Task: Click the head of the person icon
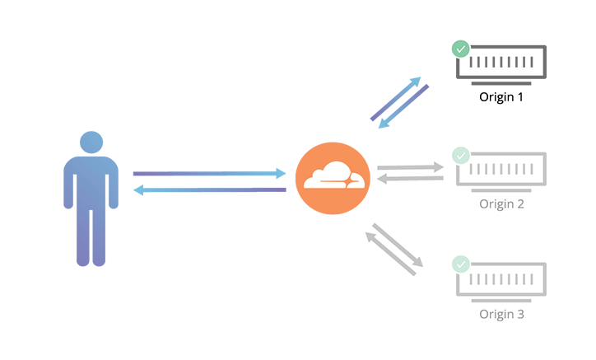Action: coord(91,142)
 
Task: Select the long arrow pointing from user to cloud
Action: coord(209,173)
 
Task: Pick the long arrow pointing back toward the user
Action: coord(209,189)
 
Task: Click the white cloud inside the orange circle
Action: coord(333,175)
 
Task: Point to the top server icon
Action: coord(501,62)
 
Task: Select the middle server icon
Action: coord(501,169)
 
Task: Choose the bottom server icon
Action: coord(501,279)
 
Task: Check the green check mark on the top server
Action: coord(460,49)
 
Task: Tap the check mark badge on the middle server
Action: coord(460,156)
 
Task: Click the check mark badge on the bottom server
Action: coord(460,264)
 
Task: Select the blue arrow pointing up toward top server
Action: coord(395,99)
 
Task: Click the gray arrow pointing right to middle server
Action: coord(410,167)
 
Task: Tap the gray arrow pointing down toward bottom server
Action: coord(398,245)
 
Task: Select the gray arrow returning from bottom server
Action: coord(390,253)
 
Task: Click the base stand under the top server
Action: coord(501,83)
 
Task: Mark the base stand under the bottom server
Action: coord(501,301)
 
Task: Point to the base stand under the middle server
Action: coord(501,190)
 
